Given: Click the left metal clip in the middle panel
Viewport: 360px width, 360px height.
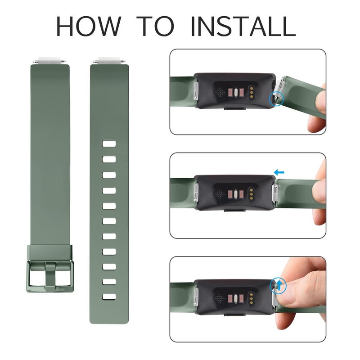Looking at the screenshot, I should tap(197, 194).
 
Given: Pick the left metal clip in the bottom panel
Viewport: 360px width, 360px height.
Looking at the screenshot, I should tap(197, 297).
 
